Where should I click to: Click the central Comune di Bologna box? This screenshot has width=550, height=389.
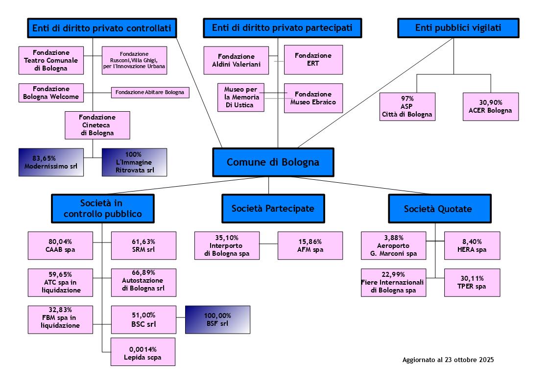pos(273,162)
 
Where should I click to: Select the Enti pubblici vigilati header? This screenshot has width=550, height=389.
pos(458,28)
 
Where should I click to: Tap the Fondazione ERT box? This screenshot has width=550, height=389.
pos(313,60)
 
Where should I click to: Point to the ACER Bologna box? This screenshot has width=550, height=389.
pos(490,106)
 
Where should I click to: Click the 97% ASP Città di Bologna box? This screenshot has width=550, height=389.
pos(407,106)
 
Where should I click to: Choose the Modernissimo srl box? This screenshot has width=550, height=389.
pos(51,162)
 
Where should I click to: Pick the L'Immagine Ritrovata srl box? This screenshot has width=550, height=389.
pos(134,162)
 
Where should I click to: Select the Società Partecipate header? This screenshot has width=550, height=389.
pos(273,209)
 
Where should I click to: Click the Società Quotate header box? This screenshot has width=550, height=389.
pos(437,209)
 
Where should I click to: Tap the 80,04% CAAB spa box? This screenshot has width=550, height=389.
pos(60,245)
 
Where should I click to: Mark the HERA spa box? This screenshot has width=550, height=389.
pos(472,245)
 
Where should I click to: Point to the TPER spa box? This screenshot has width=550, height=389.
pos(472,283)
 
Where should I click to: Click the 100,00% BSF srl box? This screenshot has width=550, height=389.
pos(217,319)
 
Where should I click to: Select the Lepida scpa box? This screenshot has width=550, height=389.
pos(143,352)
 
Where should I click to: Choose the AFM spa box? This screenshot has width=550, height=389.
pos(310,245)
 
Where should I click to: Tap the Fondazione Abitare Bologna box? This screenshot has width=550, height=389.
pos(150,92)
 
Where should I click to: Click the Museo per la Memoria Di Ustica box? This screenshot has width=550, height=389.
pos(240,97)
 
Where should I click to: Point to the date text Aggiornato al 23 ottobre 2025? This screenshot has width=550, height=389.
pos(448,360)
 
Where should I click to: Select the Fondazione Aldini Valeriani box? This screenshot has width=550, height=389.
pos(236,60)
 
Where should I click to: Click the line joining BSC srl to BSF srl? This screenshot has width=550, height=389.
pos(180,319)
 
